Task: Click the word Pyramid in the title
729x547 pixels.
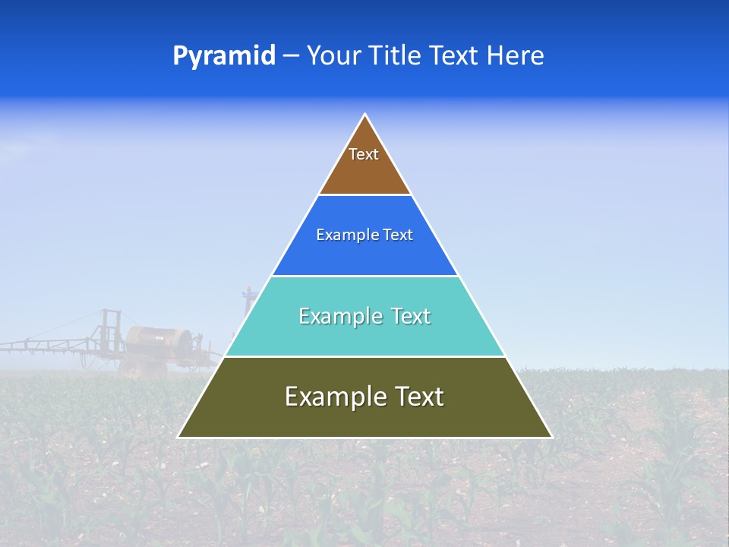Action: (x=224, y=56)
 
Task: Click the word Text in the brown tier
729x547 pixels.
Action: (x=364, y=155)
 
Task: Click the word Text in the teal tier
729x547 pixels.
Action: (x=410, y=317)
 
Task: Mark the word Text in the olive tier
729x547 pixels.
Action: (x=416, y=397)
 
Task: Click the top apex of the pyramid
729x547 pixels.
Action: (x=365, y=115)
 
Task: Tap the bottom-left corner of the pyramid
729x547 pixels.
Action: (x=179, y=437)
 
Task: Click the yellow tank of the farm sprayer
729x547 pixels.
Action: (x=159, y=340)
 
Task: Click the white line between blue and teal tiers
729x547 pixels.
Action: (x=365, y=276)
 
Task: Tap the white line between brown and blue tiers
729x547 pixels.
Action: (x=365, y=195)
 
